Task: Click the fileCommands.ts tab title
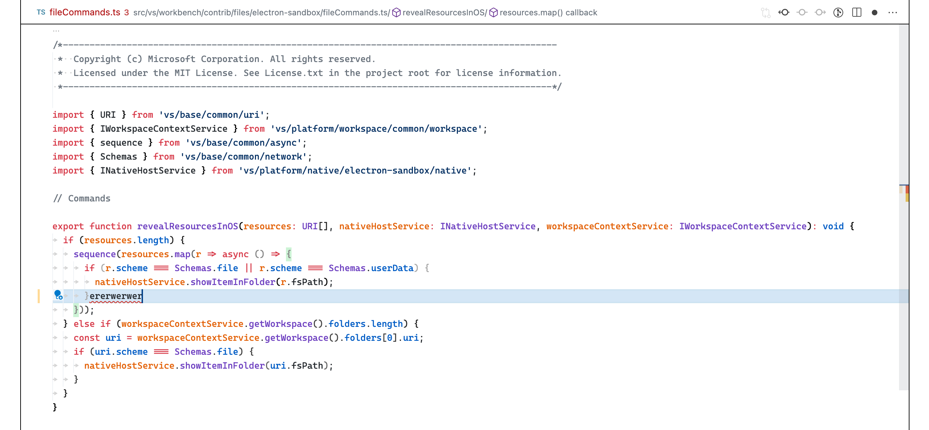(x=84, y=13)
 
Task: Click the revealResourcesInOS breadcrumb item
(x=443, y=13)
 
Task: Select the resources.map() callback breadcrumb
(x=548, y=13)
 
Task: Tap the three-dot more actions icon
(x=893, y=13)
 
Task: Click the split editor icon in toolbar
(x=856, y=13)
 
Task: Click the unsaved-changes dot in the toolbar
(x=875, y=13)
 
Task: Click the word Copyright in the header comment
(x=97, y=59)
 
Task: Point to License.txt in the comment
(x=294, y=73)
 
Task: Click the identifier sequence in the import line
(x=121, y=143)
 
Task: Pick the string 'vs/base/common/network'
(x=243, y=157)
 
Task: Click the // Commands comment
(x=82, y=199)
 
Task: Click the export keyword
(x=68, y=226)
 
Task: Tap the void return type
(x=833, y=226)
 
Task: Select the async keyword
(x=235, y=254)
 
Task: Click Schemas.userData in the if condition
(x=371, y=268)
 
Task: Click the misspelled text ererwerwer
(x=115, y=296)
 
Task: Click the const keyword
(x=86, y=338)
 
